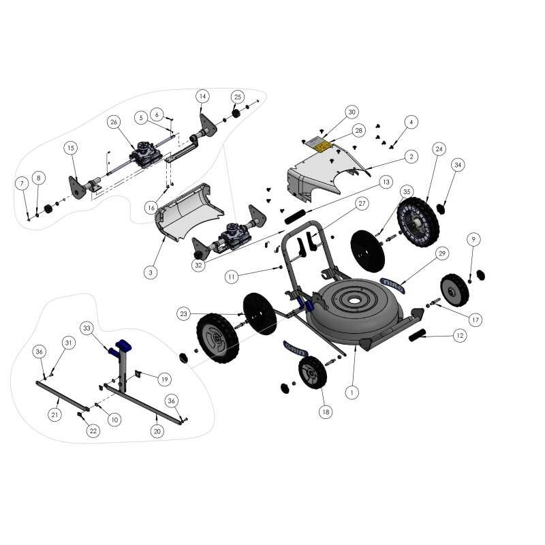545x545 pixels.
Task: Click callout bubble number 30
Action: (x=352, y=112)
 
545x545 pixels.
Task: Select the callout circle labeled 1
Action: (x=352, y=392)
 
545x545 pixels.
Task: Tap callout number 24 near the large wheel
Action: (x=439, y=149)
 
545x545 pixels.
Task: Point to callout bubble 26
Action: (x=114, y=122)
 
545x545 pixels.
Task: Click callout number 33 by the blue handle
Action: (x=87, y=327)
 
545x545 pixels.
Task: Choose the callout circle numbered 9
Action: (x=473, y=239)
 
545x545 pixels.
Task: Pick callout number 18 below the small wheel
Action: (x=326, y=412)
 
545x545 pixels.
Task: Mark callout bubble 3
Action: (x=151, y=272)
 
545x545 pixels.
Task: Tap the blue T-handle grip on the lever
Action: (x=124, y=345)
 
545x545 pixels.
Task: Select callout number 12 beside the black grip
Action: (x=460, y=335)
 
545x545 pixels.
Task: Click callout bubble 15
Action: (x=71, y=148)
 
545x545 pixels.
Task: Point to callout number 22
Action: (x=93, y=431)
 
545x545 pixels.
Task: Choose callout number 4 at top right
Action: (x=410, y=122)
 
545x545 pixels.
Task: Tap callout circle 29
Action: (x=442, y=253)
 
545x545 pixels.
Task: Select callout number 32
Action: (x=198, y=266)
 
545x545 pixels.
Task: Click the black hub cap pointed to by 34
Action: (x=440, y=206)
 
